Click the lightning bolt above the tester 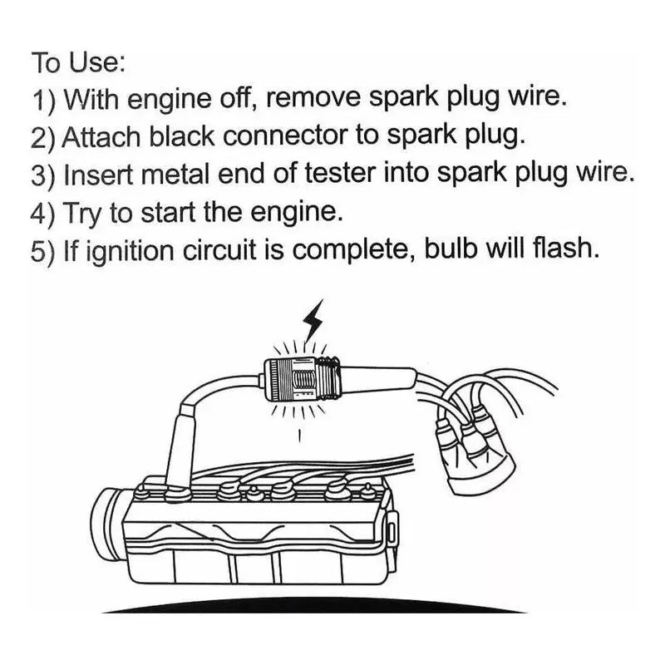pos(317,319)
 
